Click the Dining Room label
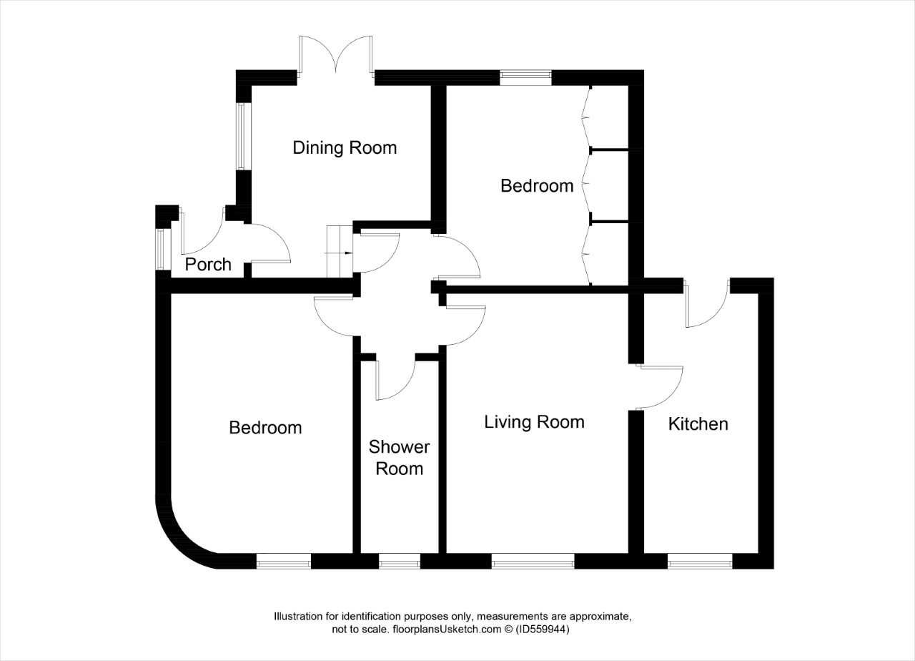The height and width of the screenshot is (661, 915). (345, 148)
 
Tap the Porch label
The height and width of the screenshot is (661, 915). (208, 265)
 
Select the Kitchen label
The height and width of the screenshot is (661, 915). (698, 424)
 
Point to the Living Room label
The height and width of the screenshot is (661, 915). (534, 422)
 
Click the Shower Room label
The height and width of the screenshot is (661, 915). (399, 458)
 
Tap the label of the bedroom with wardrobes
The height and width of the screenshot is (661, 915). (537, 186)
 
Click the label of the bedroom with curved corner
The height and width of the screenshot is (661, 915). (265, 428)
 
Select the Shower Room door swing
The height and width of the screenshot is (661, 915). (395, 380)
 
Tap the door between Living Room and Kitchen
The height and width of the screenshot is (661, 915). (658, 387)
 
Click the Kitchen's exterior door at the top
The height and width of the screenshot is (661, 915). (707, 303)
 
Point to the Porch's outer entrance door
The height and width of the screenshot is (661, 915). (202, 231)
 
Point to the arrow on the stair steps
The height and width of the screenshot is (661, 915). (339, 253)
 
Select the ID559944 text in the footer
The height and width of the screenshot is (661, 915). (543, 629)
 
